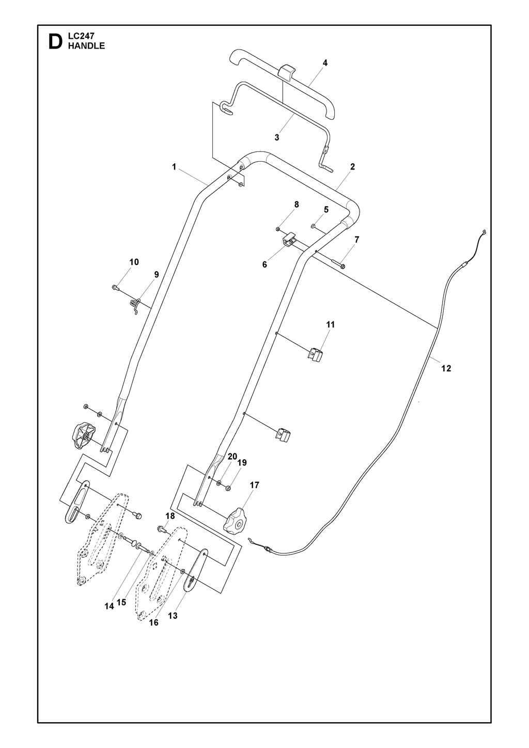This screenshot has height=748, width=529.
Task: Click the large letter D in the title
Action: pyautogui.click(x=55, y=42)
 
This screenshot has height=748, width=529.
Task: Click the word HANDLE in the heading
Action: pyautogui.click(x=86, y=46)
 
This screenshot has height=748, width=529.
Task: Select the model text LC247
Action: pyautogui.click(x=81, y=36)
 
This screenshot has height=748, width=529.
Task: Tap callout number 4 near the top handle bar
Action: pyautogui.click(x=325, y=63)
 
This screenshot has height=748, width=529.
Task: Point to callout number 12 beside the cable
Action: pyautogui.click(x=446, y=368)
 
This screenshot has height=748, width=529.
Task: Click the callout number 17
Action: pyautogui.click(x=255, y=485)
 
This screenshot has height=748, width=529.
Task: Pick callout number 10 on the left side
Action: pyautogui.click(x=134, y=262)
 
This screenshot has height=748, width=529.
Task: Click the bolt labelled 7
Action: pyautogui.click(x=338, y=265)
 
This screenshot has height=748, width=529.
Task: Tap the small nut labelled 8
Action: pyautogui.click(x=278, y=229)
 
